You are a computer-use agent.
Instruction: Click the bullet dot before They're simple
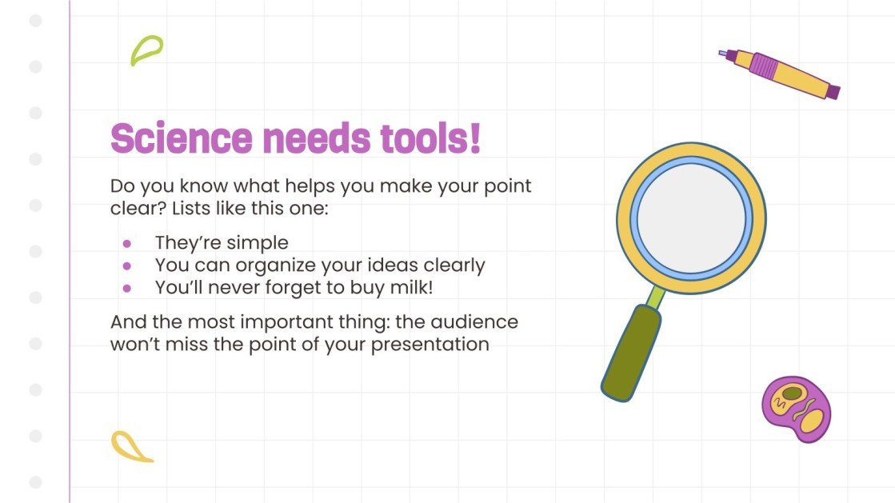click(126, 243)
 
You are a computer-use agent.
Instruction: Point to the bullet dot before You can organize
click(126, 265)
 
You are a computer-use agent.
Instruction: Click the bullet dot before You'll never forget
click(126, 287)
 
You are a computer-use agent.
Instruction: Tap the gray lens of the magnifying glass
click(691, 218)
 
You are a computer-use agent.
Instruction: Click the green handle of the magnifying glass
click(632, 352)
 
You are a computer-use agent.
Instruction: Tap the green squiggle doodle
click(146, 50)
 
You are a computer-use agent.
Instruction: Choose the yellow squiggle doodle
click(131, 447)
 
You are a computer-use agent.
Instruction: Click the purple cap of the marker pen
click(832, 91)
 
